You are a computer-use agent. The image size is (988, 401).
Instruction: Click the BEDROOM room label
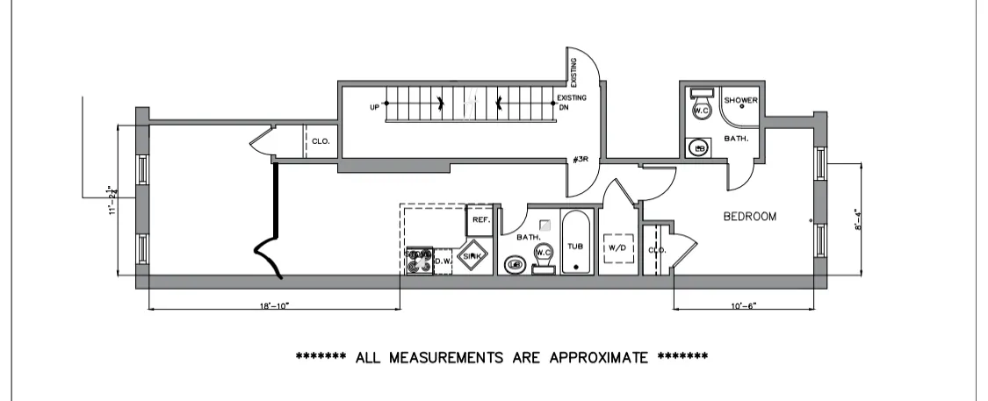click(x=749, y=217)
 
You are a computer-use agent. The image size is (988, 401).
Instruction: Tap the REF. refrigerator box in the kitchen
click(x=480, y=220)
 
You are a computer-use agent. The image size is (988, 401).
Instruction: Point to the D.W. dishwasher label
click(x=442, y=260)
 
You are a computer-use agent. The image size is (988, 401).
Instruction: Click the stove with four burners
click(x=419, y=261)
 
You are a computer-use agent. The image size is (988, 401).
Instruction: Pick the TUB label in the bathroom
click(x=576, y=247)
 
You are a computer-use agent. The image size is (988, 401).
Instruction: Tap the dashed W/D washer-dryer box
click(x=617, y=248)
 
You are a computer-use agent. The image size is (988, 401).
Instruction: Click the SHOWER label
click(x=740, y=100)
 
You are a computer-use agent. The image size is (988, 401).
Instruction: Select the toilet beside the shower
click(x=701, y=106)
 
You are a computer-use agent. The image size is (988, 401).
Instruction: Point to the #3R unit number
click(x=580, y=159)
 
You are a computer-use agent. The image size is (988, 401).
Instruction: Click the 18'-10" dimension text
click(x=274, y=306)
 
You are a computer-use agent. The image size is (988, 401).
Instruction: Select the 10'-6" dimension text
click(x=744, y=306)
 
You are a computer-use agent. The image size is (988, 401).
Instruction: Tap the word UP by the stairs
click(x=375, y=107)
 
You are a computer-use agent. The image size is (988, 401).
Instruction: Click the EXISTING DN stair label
click(x=571, y=103)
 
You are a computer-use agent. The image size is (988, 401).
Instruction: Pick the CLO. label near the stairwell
click(x=321, y=140)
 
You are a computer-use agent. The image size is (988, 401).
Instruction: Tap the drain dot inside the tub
click(x=576, y=265)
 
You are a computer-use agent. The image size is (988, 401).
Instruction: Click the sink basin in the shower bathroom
click(x=700, y=147)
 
